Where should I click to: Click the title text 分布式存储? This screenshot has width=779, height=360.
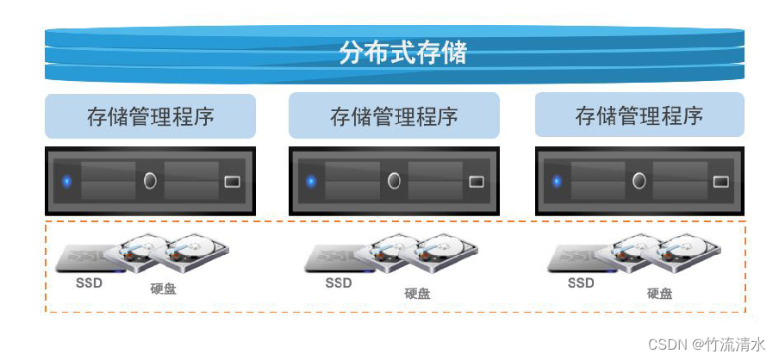coord(402,53)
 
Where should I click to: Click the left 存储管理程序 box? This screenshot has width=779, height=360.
coord(150,116)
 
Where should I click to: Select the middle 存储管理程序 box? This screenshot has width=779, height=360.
coord(394,116)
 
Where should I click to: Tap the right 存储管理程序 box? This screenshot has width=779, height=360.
coord(639,115)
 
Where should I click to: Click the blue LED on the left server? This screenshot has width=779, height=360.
coord(66,182)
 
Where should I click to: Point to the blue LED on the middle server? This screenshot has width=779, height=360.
coord(311,182)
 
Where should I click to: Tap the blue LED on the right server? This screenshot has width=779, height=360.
coord(557,182)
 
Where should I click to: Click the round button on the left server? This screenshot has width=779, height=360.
coord(150,181)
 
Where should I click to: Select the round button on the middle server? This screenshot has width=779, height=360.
coord(395,181)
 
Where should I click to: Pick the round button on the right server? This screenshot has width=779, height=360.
coord(639,181)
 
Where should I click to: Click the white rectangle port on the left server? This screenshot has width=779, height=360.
coord(232,182)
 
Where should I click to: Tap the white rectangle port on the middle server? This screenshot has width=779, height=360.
coord(477,182)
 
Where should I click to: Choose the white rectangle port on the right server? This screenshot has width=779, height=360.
coord(721,182)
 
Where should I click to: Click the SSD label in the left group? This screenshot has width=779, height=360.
coord(89,282)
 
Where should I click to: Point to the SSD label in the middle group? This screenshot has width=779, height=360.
coord(339,282)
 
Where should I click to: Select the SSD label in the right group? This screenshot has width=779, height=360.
coord(582,282)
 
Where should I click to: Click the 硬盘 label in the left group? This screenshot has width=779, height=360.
coord(163,289)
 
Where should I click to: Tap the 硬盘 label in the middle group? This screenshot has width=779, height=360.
coord(417,294)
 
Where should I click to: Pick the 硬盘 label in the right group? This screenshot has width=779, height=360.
coord(660,294)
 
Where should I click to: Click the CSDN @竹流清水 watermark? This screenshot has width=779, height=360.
coord(706,344)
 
